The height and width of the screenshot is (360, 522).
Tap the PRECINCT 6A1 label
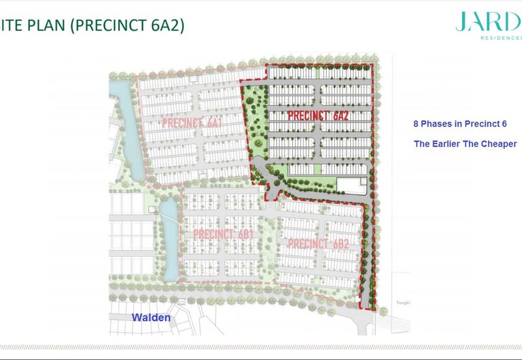[192, 123]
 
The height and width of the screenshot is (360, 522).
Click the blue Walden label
[151, 318]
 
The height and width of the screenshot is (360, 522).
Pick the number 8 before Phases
[416, 124]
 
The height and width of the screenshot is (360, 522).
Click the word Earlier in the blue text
[451, 143]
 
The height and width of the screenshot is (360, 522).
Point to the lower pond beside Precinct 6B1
[168, 241]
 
